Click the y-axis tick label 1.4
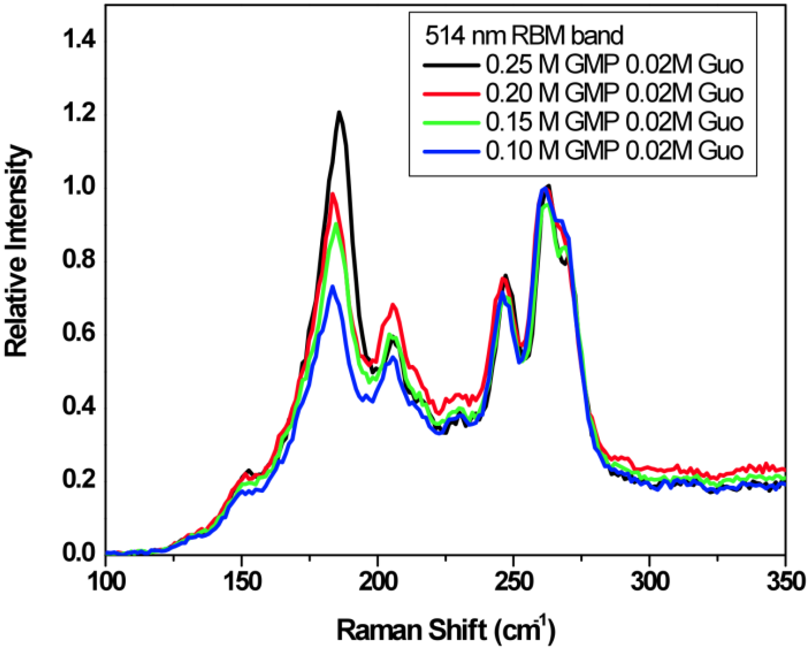[79, 40]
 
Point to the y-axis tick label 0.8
[79, 260]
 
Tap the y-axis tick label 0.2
[79, 481]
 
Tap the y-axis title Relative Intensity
[17, 252]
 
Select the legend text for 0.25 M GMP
[614, 65]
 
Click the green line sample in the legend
[451, 123]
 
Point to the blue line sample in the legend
[451, 152]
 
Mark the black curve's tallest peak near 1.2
[339, 112]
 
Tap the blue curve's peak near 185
[332, 287]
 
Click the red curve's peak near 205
[393, 305]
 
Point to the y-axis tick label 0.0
[79, 553]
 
